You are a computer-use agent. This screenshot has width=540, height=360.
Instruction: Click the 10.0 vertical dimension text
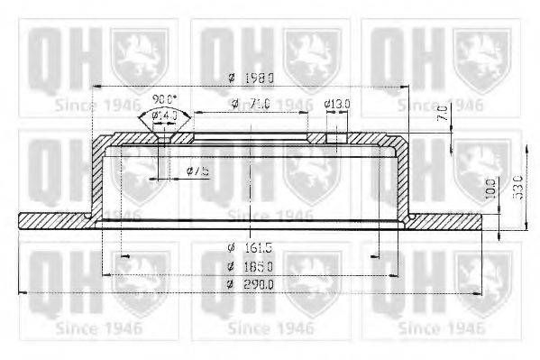[x=490, y=189]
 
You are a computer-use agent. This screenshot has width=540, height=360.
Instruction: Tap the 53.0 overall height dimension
[x=517, y=189]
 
